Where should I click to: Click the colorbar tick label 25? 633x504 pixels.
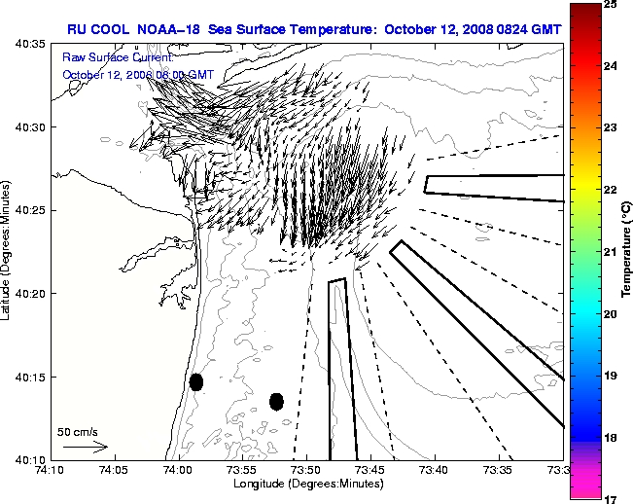coord(609,5)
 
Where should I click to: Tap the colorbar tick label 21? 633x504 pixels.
coord(609,252)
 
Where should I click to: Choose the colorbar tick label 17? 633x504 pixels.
coord(609,498)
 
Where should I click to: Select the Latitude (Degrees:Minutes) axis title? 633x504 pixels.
coord(7,251)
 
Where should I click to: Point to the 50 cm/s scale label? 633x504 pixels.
coord(77,431)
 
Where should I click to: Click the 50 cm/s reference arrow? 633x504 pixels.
coord(85,447)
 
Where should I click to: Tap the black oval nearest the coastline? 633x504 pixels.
coord(196,381)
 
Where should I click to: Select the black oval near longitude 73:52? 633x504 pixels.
coord(276,401)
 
